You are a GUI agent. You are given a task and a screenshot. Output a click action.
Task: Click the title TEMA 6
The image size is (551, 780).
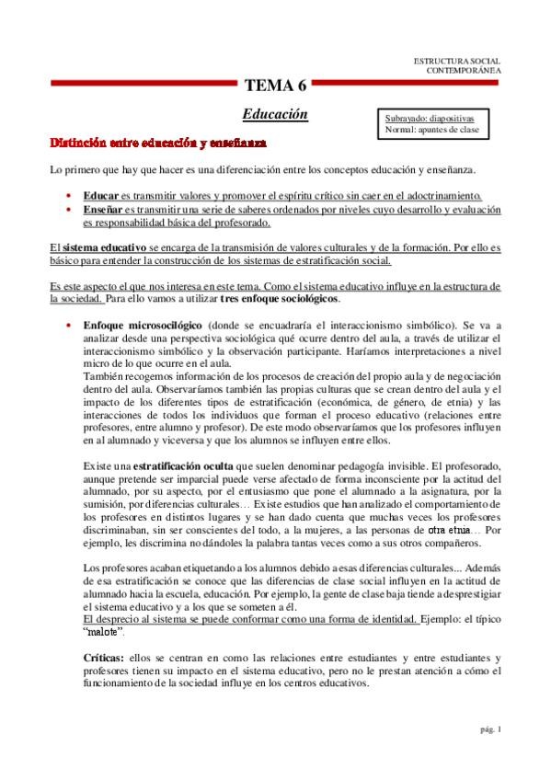(x=275, y=87)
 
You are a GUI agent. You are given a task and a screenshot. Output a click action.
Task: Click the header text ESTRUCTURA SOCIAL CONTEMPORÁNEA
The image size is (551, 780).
(x=458, y=65)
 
